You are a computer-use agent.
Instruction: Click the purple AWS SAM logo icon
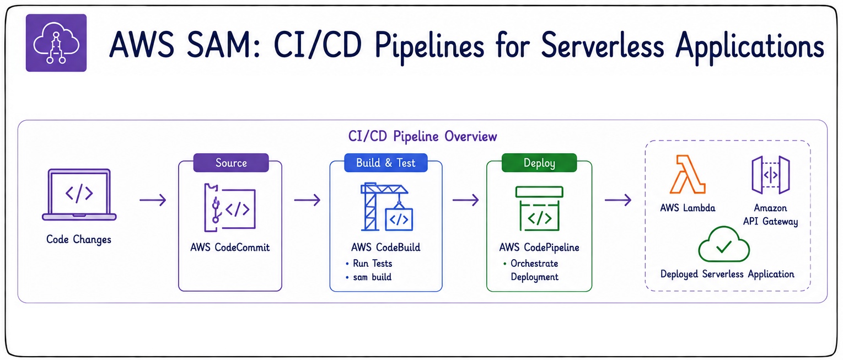[56, 43]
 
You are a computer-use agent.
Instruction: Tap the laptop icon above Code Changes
[79, 195]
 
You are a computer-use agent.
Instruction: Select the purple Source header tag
[231, 163]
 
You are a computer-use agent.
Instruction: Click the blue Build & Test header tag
[386, 163]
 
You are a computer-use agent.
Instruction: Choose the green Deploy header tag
[539, 163]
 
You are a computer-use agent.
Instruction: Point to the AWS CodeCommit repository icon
[230, 208]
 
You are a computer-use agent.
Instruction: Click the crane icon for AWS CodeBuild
[386, 207]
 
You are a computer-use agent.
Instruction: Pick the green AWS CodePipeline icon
[539, 208]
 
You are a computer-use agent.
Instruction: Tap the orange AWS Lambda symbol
[688, 174]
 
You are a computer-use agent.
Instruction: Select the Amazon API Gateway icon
[770, 175]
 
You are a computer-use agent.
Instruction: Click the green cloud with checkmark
[724, 244]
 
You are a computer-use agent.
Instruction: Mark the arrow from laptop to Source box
[153, 200]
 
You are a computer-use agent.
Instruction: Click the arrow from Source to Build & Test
[307, 200]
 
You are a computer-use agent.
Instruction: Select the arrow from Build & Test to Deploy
[465, 200]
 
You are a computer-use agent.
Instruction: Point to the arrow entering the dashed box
[618, 200]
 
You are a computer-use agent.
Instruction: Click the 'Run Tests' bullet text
[372, 264]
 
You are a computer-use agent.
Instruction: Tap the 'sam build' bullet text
[372, 277]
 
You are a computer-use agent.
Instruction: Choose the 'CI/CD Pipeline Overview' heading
[422, 136]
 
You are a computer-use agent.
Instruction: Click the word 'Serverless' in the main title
[602, 46]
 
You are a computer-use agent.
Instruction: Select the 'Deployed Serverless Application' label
[727, 274]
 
